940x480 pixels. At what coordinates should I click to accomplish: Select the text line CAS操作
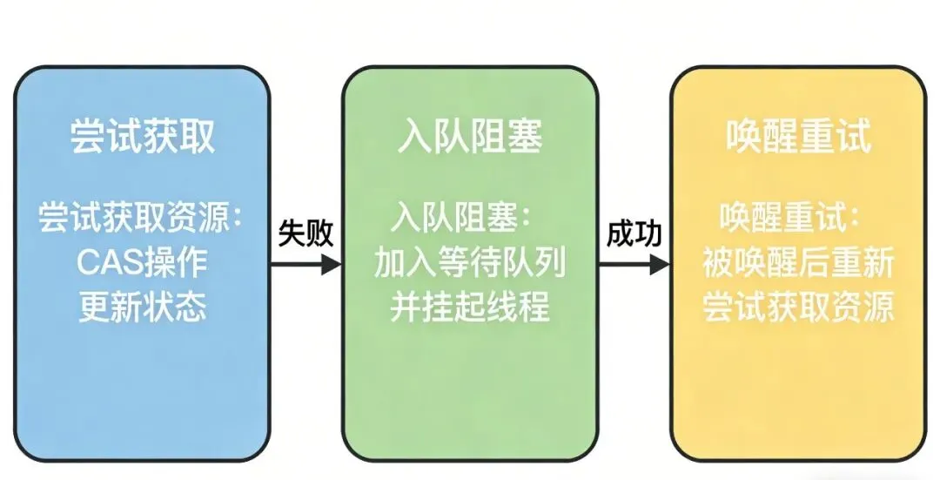tap(142, 260)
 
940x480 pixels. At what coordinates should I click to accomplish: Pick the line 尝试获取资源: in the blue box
tap(143, 215)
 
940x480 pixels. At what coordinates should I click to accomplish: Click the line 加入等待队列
tap(470, 261)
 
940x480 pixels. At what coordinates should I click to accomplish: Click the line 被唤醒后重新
tap(798, 261)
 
